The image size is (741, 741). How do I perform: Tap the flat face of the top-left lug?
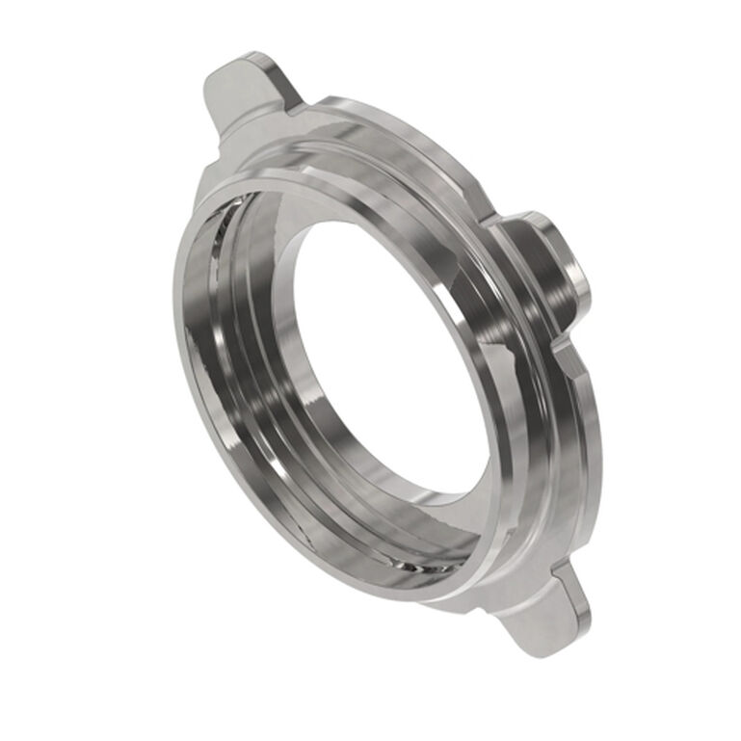point(241,96)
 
